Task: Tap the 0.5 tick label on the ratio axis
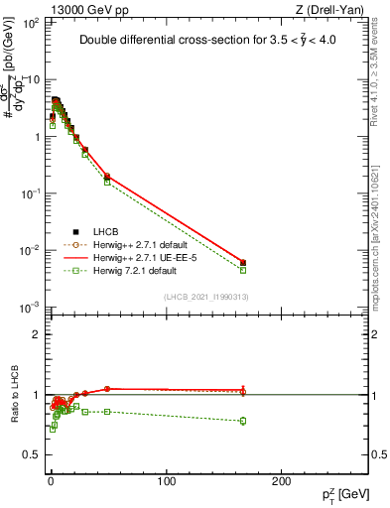point(32,454)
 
